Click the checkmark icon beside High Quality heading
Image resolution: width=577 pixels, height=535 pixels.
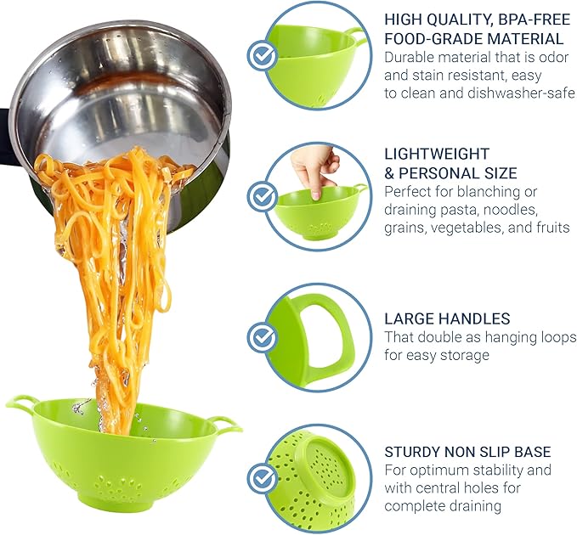tap(262, 55)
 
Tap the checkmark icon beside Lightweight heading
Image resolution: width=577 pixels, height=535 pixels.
tap(262, 196)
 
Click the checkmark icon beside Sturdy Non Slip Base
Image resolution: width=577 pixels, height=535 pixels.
tap(262, 476)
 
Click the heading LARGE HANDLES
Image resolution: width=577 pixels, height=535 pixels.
tap(447, 318)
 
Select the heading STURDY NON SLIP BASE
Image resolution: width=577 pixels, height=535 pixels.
tap(467, 451)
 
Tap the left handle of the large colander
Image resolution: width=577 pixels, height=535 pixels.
tap(21, 403)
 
